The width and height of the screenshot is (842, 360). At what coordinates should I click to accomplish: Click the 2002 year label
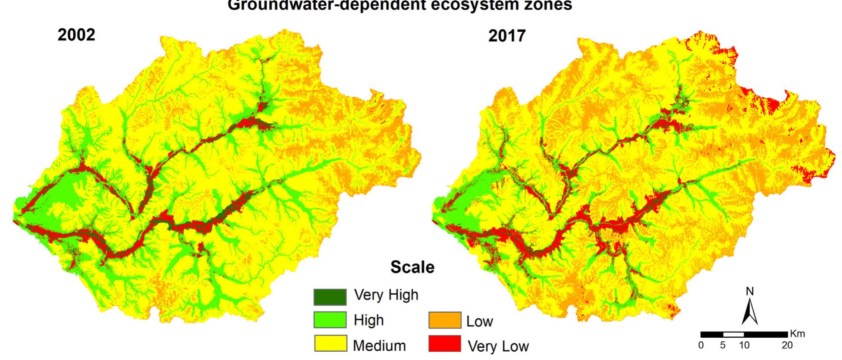click(76, 35)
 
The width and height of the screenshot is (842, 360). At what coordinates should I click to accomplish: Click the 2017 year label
click(507, 36)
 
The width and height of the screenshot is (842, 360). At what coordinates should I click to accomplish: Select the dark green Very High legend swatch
click(330, 297)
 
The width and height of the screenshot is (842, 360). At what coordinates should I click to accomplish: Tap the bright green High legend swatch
click(330, 320)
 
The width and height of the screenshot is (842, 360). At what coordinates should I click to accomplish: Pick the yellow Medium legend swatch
click(330, 343)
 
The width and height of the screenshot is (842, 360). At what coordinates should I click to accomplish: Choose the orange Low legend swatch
click(444, 320)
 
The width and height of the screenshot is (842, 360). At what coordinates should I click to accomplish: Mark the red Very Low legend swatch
click(444, 343)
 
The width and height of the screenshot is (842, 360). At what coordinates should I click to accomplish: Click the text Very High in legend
click(386, 295)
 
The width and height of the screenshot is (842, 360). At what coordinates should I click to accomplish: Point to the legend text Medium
click(379, 346)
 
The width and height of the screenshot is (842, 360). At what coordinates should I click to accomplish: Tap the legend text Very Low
click(498, 347)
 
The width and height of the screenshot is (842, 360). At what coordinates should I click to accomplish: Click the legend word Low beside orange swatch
click(479, 322)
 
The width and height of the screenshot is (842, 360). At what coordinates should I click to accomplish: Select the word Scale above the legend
click(412, 267)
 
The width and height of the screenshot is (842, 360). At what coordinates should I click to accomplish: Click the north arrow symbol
click(749, 312)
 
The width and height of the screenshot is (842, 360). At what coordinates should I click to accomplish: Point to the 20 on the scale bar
click(787, 345)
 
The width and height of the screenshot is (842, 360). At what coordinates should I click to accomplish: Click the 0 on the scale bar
click(701, 345)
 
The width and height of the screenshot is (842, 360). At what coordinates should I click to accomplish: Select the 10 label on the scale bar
click(744, 345)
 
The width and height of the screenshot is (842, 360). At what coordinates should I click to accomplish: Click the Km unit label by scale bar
click(797, 334)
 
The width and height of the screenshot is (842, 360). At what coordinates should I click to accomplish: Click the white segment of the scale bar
click(733, 334)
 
